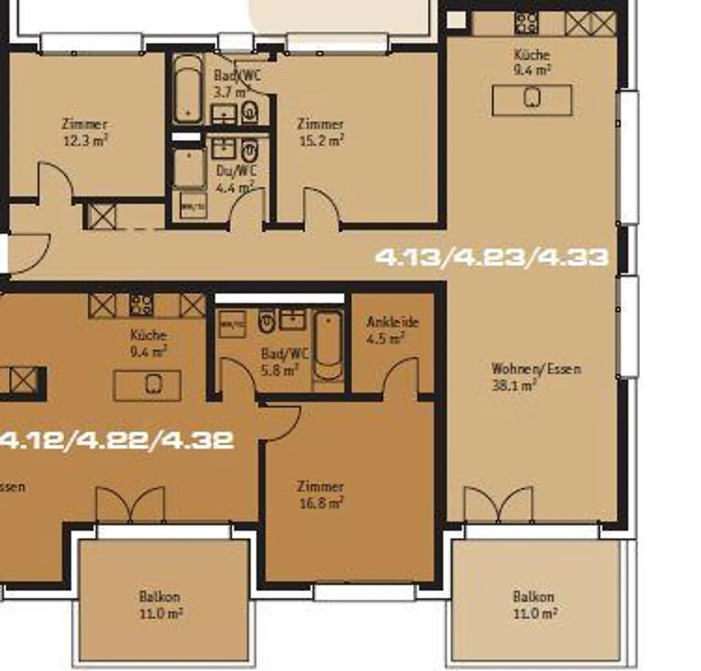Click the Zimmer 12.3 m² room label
[85, 132]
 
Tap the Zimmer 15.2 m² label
[321, 132]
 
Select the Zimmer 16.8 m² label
[321, 494]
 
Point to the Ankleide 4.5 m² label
[392, 330]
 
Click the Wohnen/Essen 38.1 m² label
[535, 377]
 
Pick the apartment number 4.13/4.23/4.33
[492, 256]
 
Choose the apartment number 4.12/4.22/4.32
[117, 440]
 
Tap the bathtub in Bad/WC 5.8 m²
[328, 345]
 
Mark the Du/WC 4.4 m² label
[236, 178]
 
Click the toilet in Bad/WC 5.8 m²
[266, 321]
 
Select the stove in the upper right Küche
[526, 22]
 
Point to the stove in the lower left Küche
[141, 305]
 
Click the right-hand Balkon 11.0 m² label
[535, 604]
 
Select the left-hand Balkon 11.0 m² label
[161, 604]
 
